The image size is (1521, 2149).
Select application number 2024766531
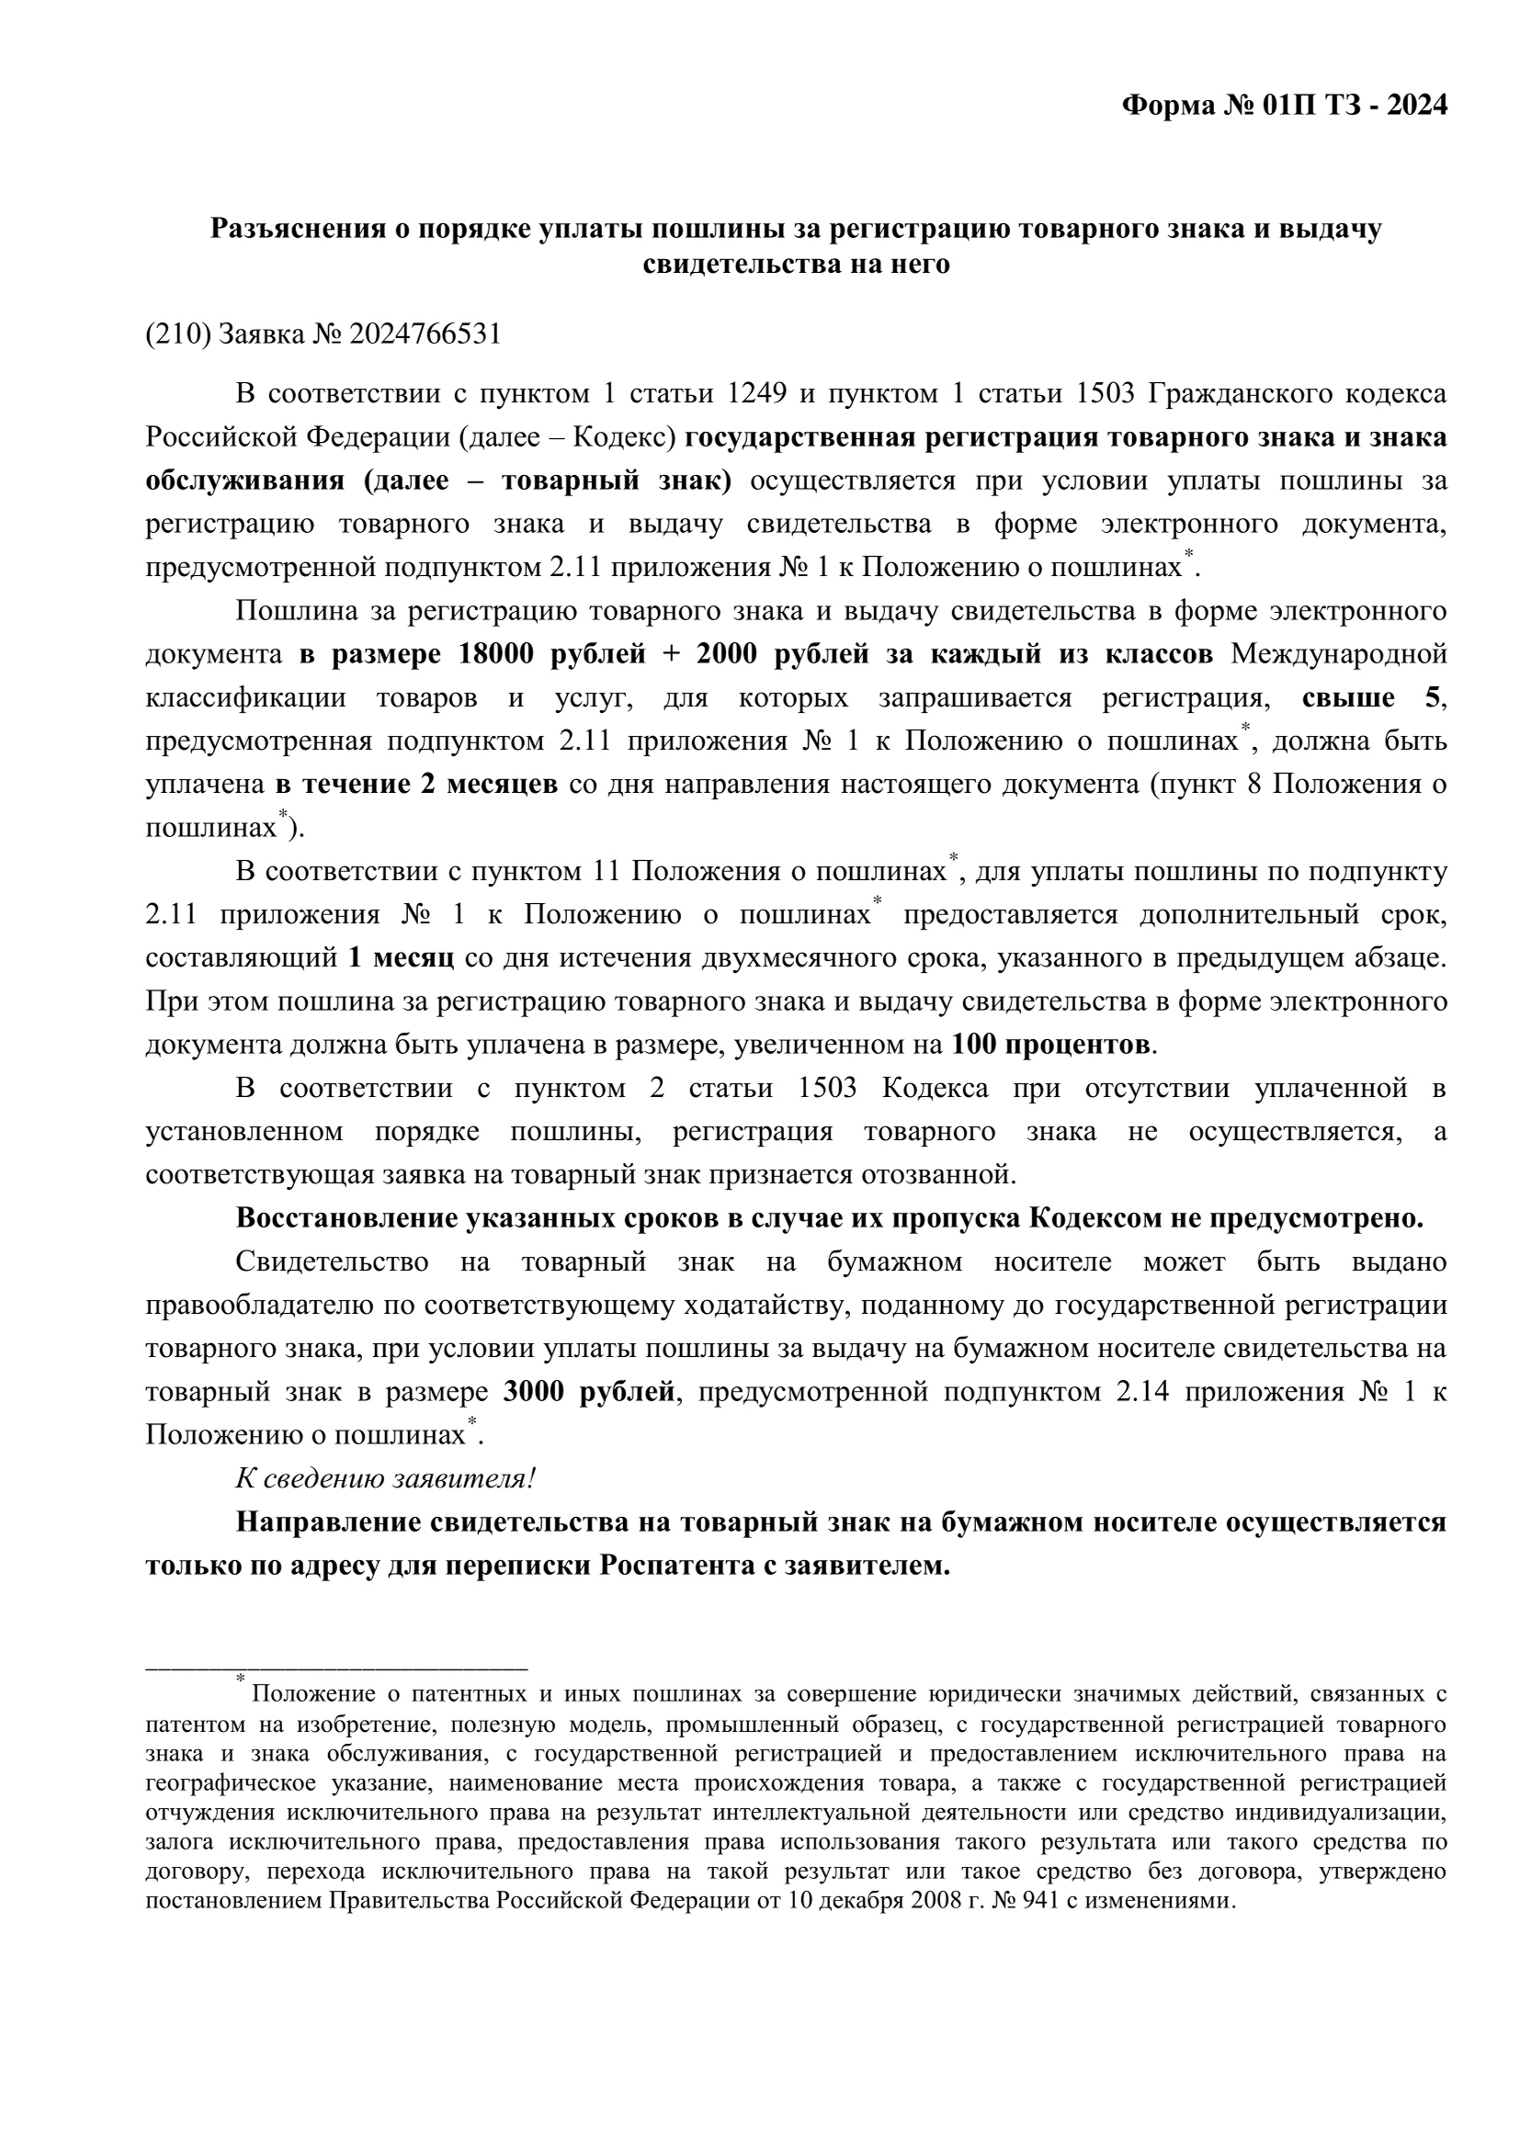425,334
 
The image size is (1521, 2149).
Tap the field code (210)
178,334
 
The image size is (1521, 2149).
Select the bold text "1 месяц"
401,958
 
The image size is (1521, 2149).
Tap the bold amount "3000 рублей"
588,1391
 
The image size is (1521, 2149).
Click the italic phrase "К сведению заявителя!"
386,1478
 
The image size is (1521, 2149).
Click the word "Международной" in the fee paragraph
1338,653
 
